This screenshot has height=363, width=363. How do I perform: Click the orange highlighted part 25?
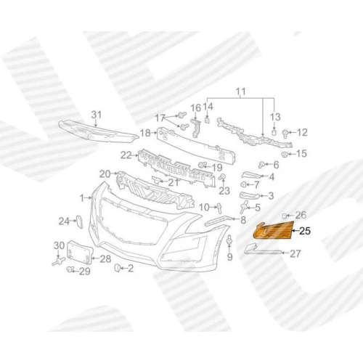(273, 230)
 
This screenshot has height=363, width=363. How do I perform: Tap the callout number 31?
(97, 115)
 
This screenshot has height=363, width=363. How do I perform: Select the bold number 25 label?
(305, 231)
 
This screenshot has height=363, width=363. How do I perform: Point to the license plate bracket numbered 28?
(79, 253)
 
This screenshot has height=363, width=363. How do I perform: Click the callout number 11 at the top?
(241, 91)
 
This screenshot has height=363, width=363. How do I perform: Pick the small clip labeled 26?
(285, 215)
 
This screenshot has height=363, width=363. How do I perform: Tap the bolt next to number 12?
(285, 133)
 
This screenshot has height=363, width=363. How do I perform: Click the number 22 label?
(126, 155)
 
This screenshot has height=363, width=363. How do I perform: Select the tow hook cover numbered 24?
(79, 221)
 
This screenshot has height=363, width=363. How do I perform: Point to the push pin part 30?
(58, 261)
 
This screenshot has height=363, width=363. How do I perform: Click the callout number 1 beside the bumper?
(82, 198)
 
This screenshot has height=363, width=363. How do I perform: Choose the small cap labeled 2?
(117, 268)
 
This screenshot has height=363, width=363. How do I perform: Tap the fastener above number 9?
(229, 240)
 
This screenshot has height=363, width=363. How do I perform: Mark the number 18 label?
(145, 133)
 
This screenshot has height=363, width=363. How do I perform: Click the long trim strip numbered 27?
(263, 250)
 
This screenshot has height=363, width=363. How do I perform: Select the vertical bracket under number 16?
(196, 128)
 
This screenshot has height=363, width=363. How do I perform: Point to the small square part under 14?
(207, 120)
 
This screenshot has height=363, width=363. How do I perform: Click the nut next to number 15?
(285, 154)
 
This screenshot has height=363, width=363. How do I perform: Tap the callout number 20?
(105, 174)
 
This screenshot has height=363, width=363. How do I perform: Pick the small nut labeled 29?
(70, 269)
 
